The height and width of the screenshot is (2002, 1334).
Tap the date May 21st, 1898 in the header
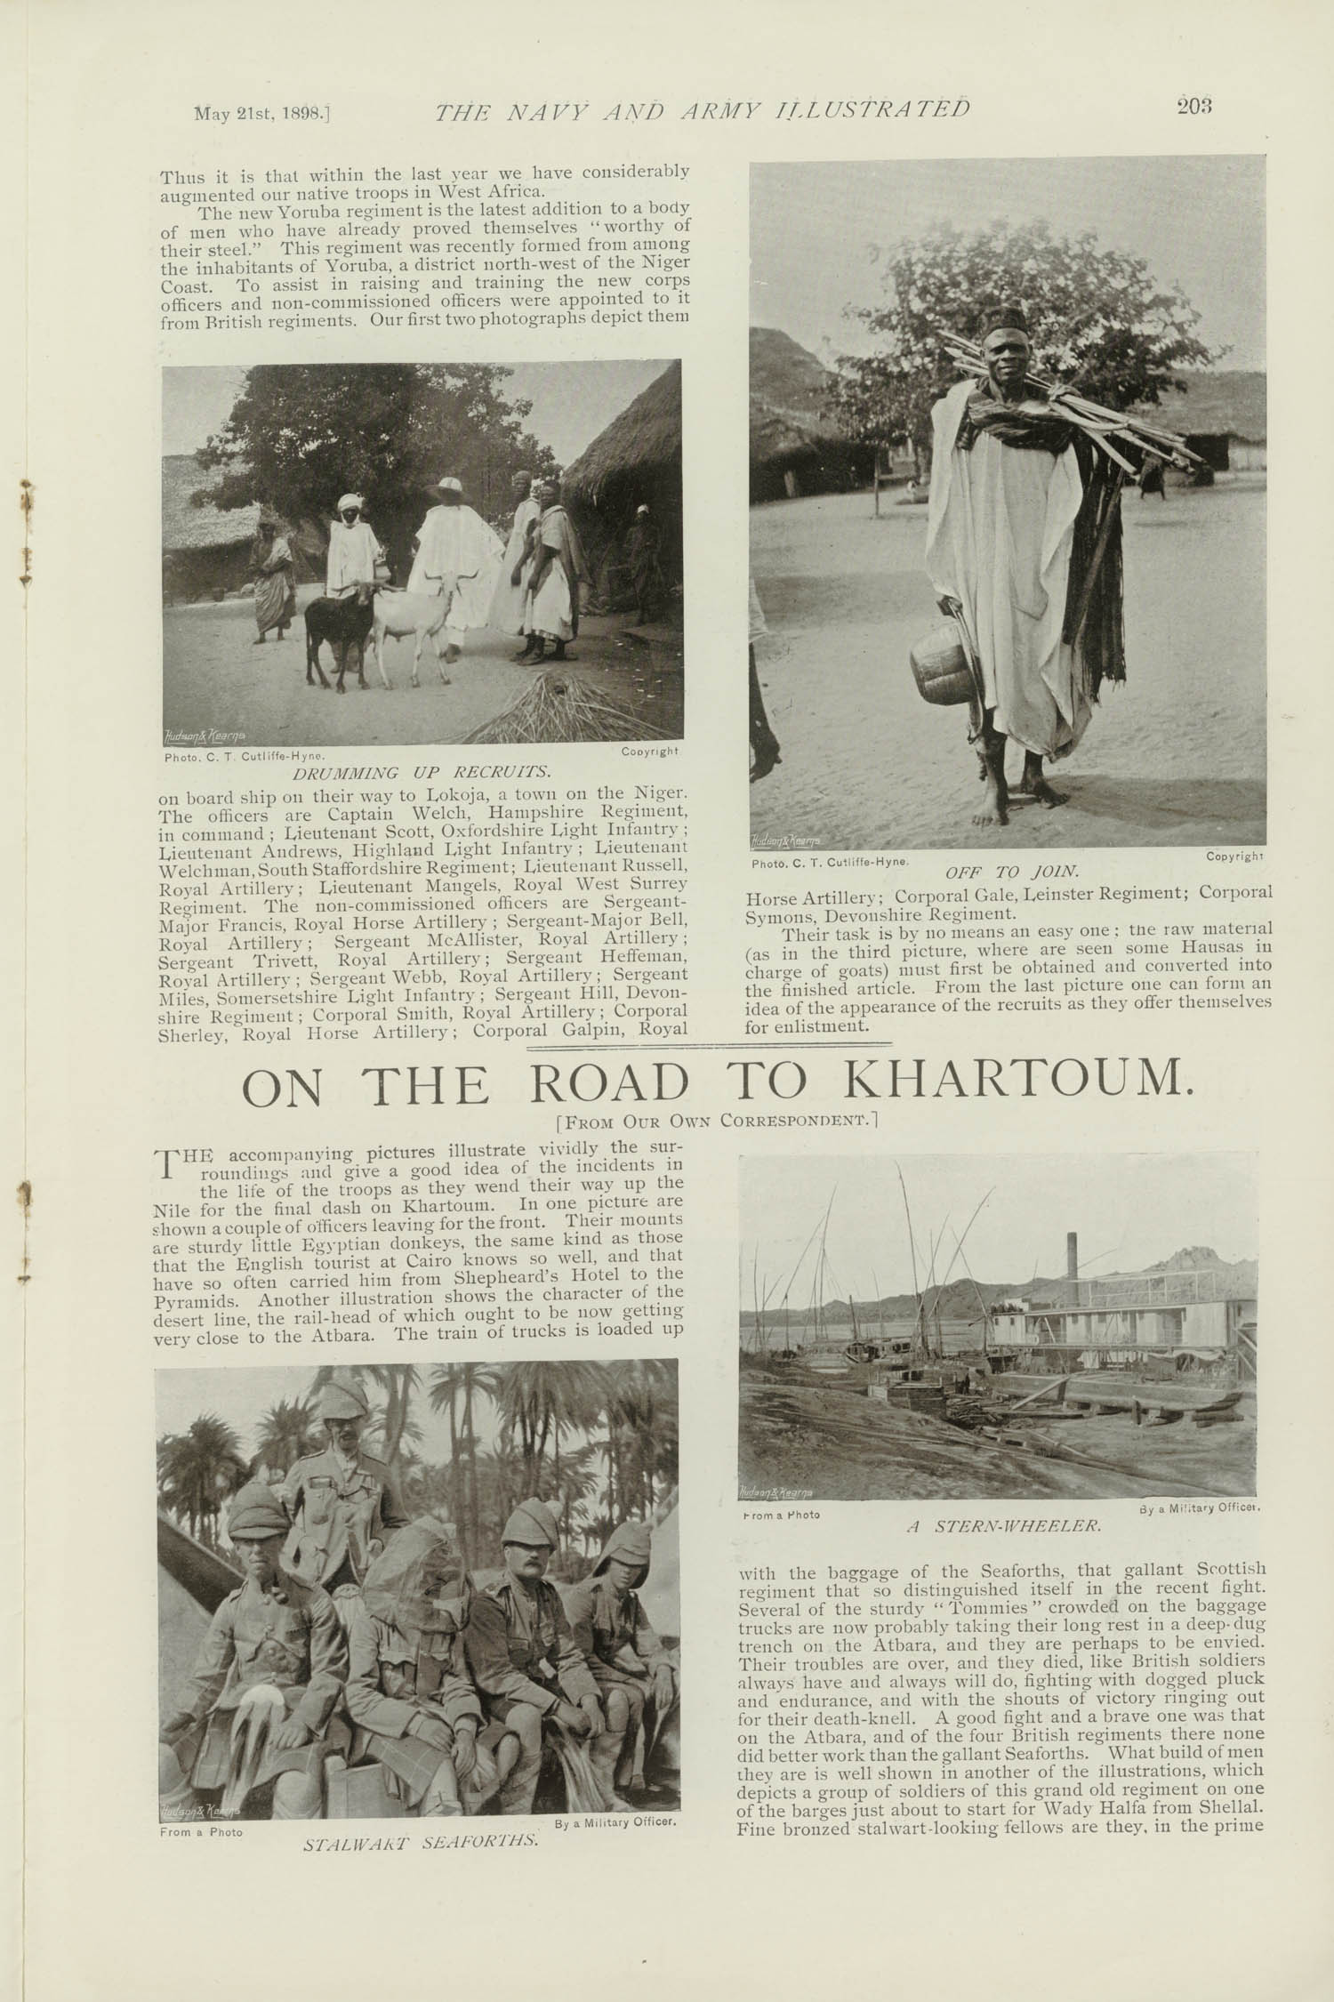click(x=262, y=113)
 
